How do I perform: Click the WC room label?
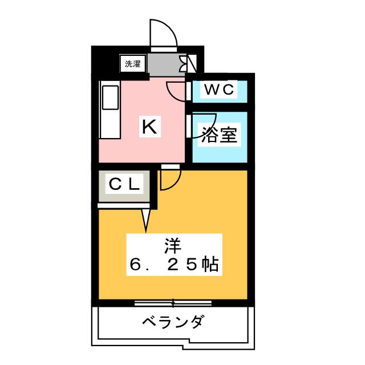coord(219,89)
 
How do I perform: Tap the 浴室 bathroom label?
coord(219,135)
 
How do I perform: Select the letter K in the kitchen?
coord(149,127)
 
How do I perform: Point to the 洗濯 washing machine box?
coord(133,63)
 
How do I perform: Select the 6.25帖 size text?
coord(174,264)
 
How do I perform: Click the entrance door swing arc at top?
coord(164,33)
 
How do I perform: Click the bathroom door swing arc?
coord(205,125)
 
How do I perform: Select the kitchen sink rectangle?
coord(110,98)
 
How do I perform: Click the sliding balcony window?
coord(173,303)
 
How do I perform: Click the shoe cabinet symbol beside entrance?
coord(188,63)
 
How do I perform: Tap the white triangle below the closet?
coord(146,221)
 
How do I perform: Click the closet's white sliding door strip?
coord(124,206)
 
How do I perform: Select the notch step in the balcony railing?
coord(186,343)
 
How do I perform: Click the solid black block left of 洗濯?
coord(105,63)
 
